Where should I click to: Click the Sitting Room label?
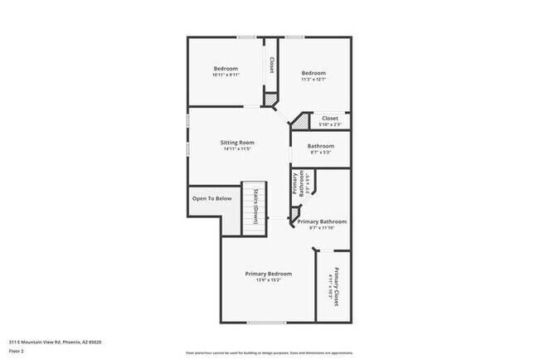pos(236,143)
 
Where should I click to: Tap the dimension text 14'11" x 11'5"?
pos(236,149)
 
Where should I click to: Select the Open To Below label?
pos(210,198)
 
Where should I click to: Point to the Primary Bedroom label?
pos(268,274)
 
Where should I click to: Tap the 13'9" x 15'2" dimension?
pos(268,280)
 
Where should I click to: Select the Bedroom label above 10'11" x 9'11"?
pos(226,68)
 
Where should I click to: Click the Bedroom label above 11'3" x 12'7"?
pos(313,73)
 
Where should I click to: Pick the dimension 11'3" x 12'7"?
pos(313,80)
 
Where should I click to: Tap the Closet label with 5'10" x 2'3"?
pos(329,119)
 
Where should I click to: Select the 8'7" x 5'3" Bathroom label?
pos(321,146)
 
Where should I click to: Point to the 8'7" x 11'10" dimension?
pos(321,229)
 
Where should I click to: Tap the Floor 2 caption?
pos(17,351)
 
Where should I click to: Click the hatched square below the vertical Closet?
pos(269,100)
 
